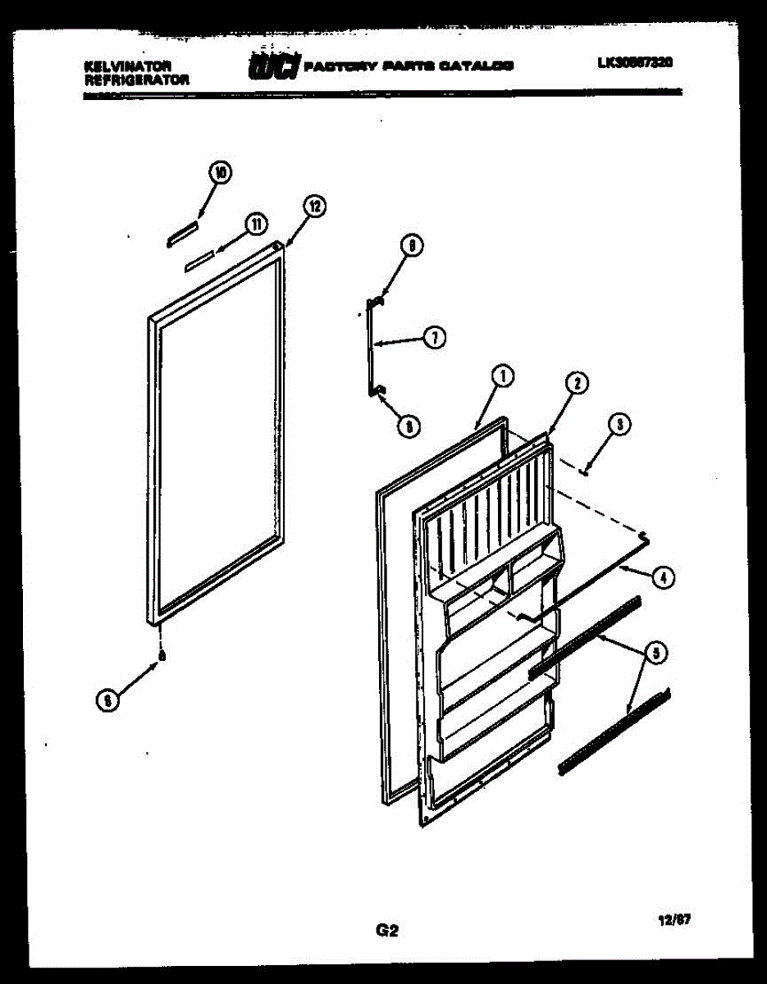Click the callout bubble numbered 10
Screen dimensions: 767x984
pos(220,172)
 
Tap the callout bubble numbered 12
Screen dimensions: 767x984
pos(313,207)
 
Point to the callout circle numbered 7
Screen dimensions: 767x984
pos(435,336)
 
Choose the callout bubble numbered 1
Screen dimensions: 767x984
pos(503,376)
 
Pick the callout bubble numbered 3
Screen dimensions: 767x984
pos(619,424)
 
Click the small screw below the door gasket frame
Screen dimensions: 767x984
pos(162,654)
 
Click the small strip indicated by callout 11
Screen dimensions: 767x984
pos(199,260)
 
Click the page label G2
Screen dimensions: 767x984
pos(386,930)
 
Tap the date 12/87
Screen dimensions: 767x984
pos(674,920)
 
